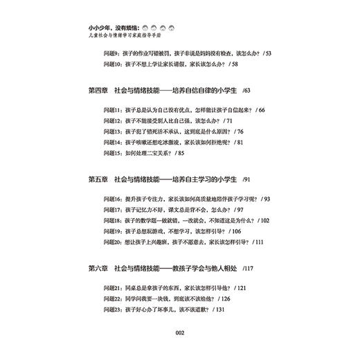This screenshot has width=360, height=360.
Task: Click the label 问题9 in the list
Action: [x=111, y=51]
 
